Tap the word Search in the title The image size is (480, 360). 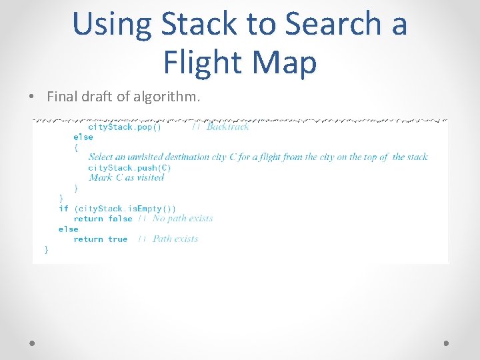[333, 25]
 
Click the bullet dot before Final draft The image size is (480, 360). [33, 97]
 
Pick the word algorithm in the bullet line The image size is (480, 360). [165, 97]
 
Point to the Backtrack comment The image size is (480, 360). [227, 127]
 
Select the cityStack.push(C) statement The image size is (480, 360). [129, 167]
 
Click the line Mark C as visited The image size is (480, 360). [126, 177]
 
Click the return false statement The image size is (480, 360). [103, 218]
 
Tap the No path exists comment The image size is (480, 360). [182, 218]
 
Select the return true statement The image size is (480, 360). [100, 239]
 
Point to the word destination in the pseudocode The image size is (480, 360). [188, 157]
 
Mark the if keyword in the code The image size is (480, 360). [63, 208]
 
